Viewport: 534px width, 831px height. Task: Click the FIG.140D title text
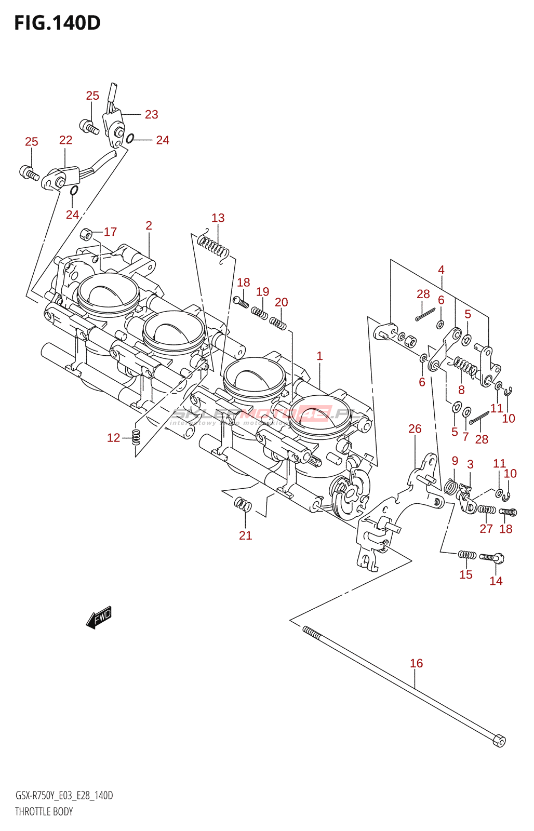click(57, 23)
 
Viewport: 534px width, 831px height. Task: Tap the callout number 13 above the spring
click(218, 218)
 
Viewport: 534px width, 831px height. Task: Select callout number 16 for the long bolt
click(416, 663)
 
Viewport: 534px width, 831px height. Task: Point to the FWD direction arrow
click(99, 618)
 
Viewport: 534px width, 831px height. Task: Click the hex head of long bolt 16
click(499, 741)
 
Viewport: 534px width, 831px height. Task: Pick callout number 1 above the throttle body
click(319, 356)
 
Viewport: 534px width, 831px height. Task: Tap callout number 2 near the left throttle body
click(149, 225)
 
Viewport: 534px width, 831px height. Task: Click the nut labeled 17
click(87, 234)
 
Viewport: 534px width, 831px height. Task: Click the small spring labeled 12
click(136, 437)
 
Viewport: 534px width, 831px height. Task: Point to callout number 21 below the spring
click(245, 535)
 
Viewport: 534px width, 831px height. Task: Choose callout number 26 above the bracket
click(415, 429)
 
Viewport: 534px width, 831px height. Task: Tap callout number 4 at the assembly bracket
click(441, 270)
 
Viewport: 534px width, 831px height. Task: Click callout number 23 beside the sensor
click(151, 115)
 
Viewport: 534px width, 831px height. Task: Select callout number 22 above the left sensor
click(65, 140)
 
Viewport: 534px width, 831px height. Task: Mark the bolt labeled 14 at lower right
click(492, 558)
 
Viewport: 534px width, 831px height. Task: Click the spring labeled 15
click(466, 555)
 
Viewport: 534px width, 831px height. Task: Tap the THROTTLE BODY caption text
click(44, 812)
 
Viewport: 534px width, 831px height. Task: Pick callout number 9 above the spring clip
click(455, 461)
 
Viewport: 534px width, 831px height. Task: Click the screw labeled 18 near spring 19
click(241, 301)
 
